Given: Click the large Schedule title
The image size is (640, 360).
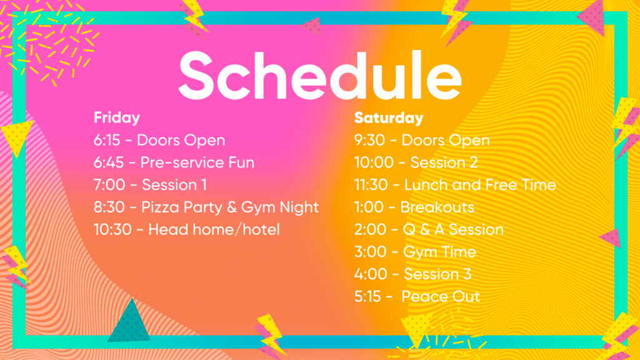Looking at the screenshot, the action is (x=320, y=75).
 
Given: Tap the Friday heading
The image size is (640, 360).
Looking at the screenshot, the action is (x=117, y=118).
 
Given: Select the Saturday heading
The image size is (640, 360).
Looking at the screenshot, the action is (x=389, y=118).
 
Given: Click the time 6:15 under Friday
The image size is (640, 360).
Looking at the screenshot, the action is (x=107, y=141).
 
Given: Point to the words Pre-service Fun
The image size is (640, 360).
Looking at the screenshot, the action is (x=197, y=163).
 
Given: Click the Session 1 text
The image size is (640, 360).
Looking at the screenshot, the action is (x=174, y=185).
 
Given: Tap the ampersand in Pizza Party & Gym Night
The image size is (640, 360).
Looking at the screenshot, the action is (x=232, y=207).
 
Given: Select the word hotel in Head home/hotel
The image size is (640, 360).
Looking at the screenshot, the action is (x=261, y=229).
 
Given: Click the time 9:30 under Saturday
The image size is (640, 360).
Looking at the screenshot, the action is (x=369, y=141).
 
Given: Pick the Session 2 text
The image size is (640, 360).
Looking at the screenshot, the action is (x=444, y=162).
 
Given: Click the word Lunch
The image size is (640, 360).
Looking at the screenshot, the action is (x=426, y=185).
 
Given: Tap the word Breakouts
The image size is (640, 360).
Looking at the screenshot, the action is (x=437, y=207).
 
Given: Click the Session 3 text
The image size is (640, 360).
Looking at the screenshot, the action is (x=437, y=274).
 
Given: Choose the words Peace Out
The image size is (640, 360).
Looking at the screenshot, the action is (x=441, y=296).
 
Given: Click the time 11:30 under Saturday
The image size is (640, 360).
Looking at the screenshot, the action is (x=371, y=185).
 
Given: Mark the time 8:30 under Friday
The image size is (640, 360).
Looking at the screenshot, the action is (x=109, y=207).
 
